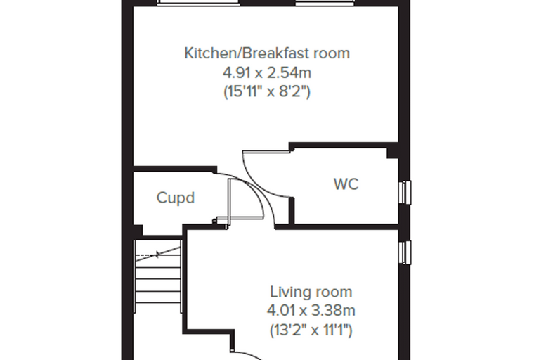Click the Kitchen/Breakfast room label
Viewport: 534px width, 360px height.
click(x=267, y=53)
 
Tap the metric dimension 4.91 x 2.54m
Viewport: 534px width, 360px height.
click(x=267, y=72)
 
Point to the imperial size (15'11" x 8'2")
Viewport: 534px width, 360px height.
click(x=267, y=91)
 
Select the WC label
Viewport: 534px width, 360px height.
click(x=346, y=184)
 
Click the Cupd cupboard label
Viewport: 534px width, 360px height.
click(x=176, y=198)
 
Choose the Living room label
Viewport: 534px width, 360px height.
click(x=311, y=292)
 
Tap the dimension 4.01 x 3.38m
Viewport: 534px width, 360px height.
click(x=311, y=311)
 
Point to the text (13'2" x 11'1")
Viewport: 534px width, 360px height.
click(x=311, y=330)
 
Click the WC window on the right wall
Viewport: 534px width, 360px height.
click(x=405, y=192)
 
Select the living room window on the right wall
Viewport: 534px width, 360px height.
click(x=405, y=252)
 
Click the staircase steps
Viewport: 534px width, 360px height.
click(x=157, y=276)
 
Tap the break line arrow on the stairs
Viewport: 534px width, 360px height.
click(x=157, y=254)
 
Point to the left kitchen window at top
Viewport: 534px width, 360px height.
click(x=198, y=3)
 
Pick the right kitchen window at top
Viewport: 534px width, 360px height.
click(x=325, y=3)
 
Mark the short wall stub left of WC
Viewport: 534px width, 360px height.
click(x=291, y=211)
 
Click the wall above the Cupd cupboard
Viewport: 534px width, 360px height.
click(x=175, y=169)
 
